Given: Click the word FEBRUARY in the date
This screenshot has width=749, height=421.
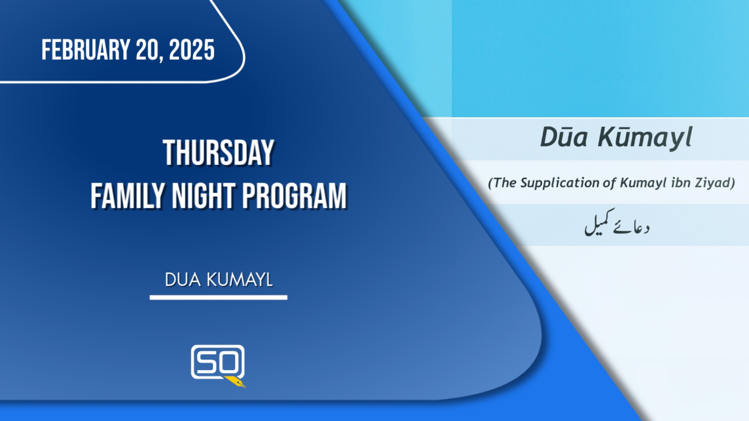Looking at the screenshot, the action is [x=86, y=50].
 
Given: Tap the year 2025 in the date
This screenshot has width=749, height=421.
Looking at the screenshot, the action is [x=192, y=50].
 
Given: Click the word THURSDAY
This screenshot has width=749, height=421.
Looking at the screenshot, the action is [x=218, y=153].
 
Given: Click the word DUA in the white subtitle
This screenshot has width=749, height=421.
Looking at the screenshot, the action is [x=183, y=280].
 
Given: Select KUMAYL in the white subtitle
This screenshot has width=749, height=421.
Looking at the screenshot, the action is [x=240, y=280].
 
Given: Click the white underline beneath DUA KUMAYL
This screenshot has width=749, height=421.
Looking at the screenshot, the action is [x=218, y=297].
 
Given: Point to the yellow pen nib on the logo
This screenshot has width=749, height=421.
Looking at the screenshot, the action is [x=235, y=382].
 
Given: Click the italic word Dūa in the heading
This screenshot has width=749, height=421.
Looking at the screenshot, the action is [x=564, y=137].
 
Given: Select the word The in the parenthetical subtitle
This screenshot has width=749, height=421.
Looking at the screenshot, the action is [x=505, y=182].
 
